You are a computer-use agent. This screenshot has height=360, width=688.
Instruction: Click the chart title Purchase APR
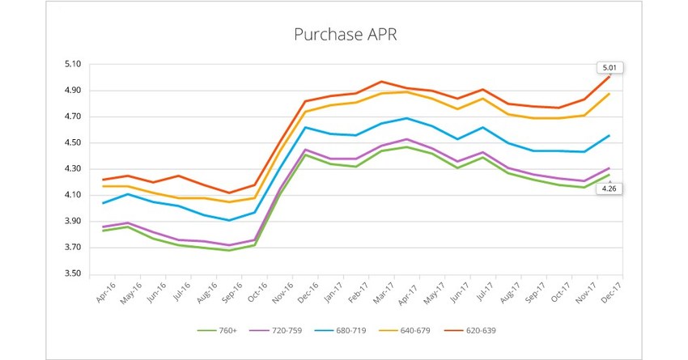[x=344, y=36]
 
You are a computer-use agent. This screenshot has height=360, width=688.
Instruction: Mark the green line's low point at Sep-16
[x=229, y=250]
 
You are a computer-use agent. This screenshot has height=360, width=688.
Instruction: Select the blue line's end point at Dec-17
[x=609, y=135]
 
